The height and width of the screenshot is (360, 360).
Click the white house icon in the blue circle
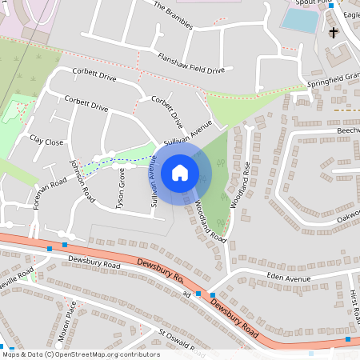click(x=180, y=172)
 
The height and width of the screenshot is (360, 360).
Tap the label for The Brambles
click(x=174, y=14)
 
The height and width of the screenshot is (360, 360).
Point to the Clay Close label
click(x=46, y=141)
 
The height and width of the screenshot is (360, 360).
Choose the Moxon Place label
click(x=70, y=318)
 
